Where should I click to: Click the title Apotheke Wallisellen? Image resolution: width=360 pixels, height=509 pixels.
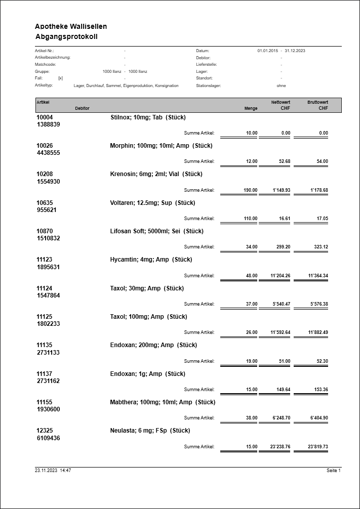[71, 26]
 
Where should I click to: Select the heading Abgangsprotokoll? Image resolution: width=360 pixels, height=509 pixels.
[66, 37]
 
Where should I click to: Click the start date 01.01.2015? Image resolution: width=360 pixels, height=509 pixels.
[268, 51]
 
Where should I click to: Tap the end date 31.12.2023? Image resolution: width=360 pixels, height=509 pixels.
[295, 51]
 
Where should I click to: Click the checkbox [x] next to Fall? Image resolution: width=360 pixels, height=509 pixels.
[61, 78]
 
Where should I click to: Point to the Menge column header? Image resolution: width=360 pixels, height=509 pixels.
[251, 108]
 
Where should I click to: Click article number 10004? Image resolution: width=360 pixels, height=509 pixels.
[45, 117]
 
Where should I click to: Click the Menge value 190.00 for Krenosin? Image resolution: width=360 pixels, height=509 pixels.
[251, 190]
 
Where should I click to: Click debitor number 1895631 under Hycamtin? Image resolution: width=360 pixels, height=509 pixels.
[48, 267]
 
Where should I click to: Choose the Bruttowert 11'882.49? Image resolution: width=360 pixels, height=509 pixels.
[318, 332]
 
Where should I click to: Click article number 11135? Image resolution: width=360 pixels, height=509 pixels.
[45, 345]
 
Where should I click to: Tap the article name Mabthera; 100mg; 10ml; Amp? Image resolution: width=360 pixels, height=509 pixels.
[163, 402]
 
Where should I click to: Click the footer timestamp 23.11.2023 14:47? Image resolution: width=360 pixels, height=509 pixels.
[53, 471]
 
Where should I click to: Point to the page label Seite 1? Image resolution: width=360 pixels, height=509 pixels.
[334, 471]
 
